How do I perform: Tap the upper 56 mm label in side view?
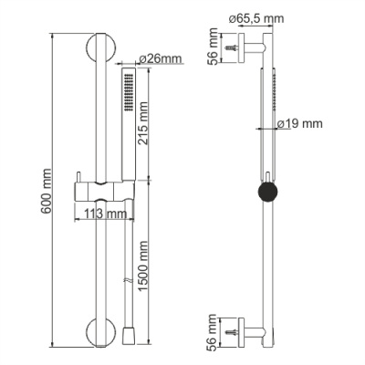pos(214,50)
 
